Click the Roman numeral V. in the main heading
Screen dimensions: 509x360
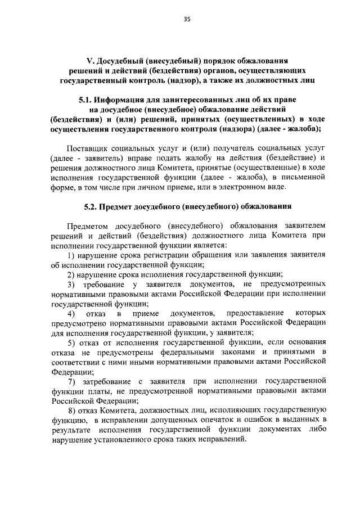tap(90, 60)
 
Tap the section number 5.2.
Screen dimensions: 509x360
tap(91, 206)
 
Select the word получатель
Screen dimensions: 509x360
tap(240, 149)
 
